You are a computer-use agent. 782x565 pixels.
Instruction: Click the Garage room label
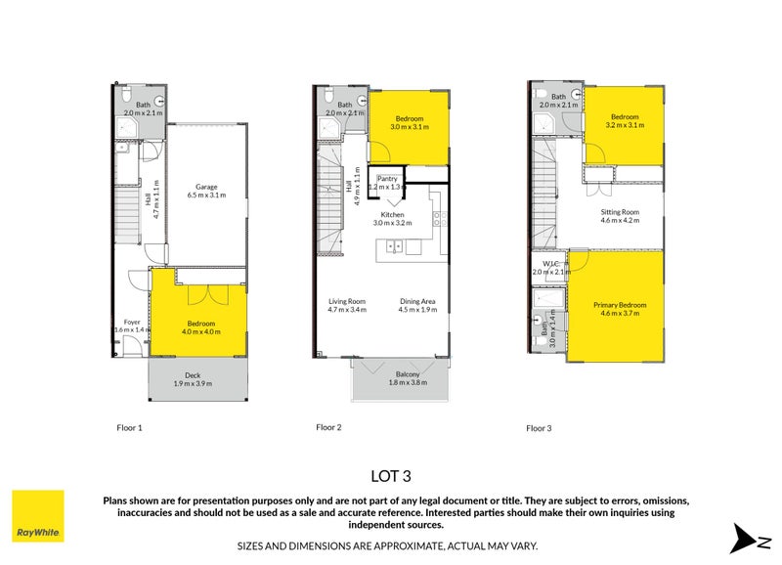click(x=205, y=186)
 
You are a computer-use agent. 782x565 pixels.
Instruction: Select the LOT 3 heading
click(x=391, y=476)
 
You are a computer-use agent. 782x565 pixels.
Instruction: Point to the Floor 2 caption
click(x=329, y=427)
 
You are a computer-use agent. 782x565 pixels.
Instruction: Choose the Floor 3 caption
click(x=540, y=428)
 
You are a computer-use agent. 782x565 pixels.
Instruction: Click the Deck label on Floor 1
click(x=193, y=374)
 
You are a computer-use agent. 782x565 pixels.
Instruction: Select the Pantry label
click(x=388, y=178)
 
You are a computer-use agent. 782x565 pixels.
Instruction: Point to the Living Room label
click(x=347, y=301)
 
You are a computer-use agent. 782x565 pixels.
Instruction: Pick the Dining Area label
click(x=417, y=301)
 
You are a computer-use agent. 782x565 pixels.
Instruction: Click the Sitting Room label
click(x=619, y=211)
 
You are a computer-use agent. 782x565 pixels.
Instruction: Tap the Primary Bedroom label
click(x=620, y=305)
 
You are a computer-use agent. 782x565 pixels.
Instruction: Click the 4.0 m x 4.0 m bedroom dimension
click(x=199, y=332)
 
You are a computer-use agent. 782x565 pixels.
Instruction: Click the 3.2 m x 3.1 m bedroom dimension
click(x=625, y=126)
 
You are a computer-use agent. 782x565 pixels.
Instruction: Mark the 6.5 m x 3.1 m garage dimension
click(x=206, y=196)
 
